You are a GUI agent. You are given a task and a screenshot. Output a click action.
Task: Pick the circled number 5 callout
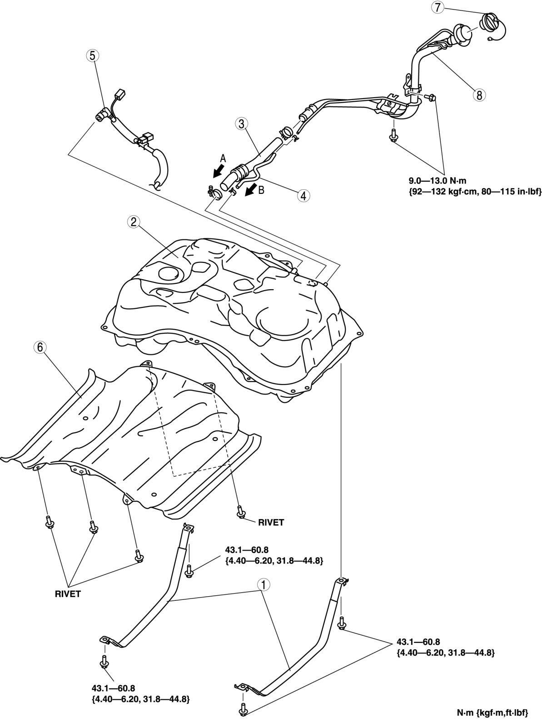92,56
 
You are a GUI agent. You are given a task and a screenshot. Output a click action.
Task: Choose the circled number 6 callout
40,347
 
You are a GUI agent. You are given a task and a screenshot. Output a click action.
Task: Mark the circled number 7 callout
437,7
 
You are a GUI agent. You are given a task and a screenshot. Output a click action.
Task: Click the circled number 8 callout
479,95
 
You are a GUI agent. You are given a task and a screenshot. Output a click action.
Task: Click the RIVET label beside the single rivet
271,522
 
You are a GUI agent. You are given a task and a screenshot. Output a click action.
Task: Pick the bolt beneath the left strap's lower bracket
104,661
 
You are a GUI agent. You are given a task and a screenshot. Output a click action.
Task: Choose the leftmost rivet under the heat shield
49,523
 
